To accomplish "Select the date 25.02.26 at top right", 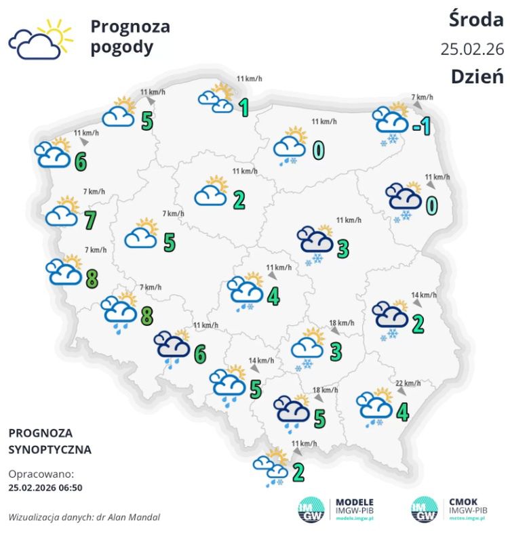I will pyautogui.click(x=471, y=49).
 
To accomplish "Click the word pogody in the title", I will pyautogui.click(x=122, y=48).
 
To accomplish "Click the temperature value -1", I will pyautogui.click(x=421, y=125).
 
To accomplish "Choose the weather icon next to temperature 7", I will pyautogui.click(x=62, y=213).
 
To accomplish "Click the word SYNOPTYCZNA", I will pyautogui.click(x=50, y=449).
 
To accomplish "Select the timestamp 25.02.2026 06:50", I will pyautogui.click(x=45, y=487).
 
